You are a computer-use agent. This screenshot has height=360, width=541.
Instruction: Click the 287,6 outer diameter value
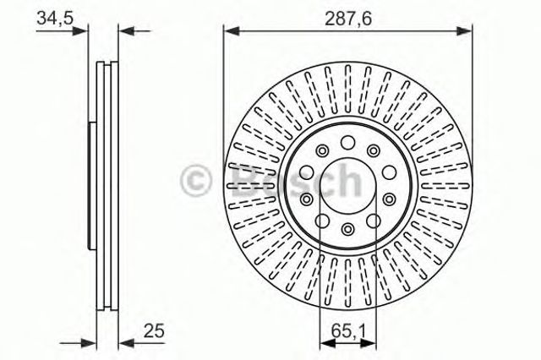(345, 16)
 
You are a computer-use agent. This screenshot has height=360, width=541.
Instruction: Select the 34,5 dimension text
(52, 16)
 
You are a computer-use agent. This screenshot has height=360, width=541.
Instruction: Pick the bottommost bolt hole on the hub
(347, 228)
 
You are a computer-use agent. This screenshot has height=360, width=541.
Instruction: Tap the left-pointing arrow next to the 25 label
(124, 342)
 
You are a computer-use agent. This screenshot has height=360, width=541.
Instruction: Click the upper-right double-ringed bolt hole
(372, 150)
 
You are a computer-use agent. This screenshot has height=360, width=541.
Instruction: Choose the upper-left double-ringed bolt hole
(322, 150)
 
